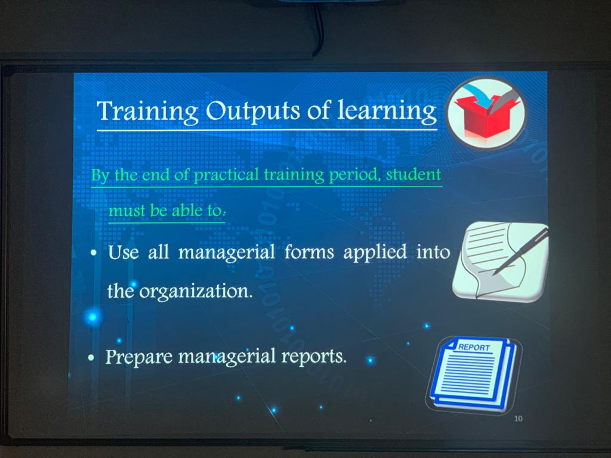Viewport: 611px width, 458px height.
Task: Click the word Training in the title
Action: click(x=147, y=112)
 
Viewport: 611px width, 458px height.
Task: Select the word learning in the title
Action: click(x=387, y=112)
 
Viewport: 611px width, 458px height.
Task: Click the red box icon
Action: click(x=487, y=116)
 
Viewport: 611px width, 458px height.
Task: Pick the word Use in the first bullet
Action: click(x=123, y=252)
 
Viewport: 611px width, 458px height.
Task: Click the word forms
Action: click(x=309, y=252)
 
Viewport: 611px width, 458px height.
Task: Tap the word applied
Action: click(x=375, y=252)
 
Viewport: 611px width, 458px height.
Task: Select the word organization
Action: click(x=196, y=291)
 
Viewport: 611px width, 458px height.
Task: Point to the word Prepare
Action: click(x=138, y=357)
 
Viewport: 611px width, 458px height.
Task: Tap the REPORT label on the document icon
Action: click(x=474, y=347)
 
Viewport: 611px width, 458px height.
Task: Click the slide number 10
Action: click(x=519, y=419)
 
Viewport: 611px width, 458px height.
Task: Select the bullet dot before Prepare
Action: click(x=91, y=358)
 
